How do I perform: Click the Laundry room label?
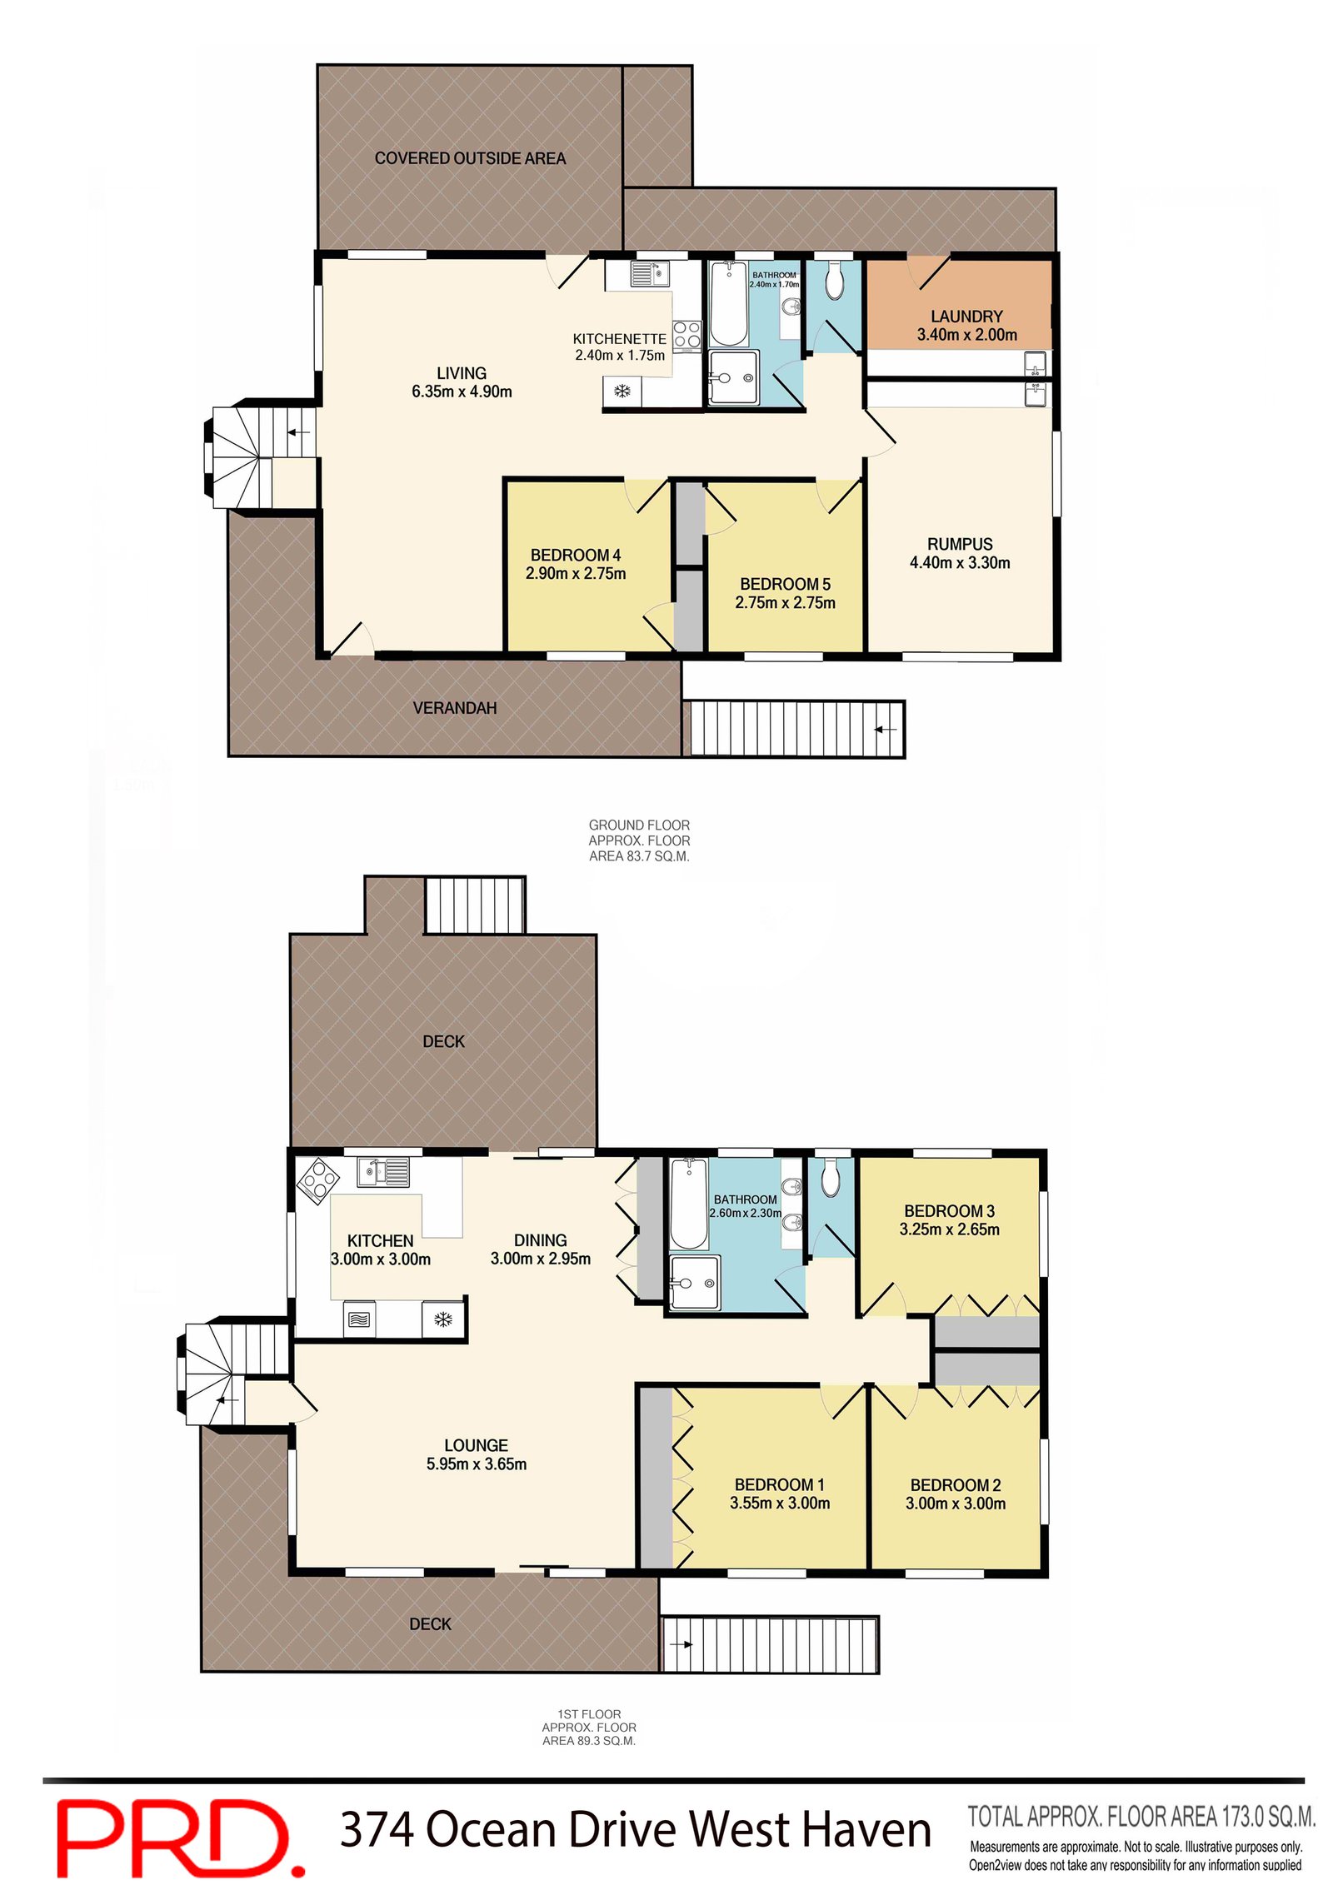(966, 317)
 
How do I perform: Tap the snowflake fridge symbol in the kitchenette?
(622, 391)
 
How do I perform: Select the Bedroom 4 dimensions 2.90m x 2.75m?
(575, 574)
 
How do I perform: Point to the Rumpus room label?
(959, 544)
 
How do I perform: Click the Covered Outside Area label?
(469, 158)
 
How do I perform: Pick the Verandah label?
(454, 708)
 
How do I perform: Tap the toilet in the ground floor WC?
(834, 282)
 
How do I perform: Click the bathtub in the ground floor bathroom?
(728, 304)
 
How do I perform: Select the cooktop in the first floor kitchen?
(318, 1180)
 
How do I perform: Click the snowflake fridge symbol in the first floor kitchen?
(442, 1319)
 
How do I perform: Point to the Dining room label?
(540, 1240)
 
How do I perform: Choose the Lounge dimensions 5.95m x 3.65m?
(476, 1464)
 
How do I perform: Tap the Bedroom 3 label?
(949, 1211)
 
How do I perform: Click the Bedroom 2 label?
(955, 1485)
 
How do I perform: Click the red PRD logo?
(179, 1837)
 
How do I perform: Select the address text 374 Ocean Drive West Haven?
(635, 1830)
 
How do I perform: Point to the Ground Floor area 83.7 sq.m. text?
(639, 840)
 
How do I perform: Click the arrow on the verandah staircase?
(885, 730)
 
